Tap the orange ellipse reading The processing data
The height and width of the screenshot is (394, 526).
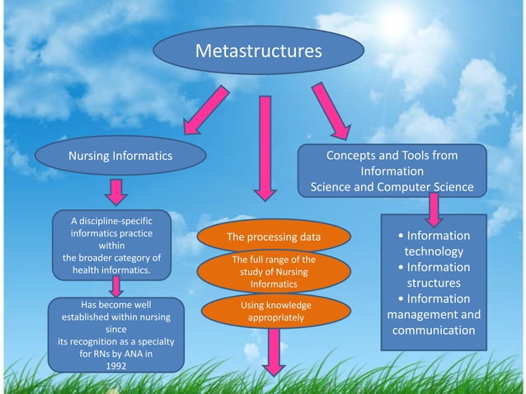[273, 238]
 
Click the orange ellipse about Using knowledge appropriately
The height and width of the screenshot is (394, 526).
[263, 311]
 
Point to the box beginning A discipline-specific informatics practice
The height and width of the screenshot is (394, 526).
[111, 245]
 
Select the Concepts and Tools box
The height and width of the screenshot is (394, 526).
[392, 171]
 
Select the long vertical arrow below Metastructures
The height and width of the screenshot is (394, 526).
[264, 148]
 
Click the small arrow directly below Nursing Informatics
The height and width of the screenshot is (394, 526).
[118, 191]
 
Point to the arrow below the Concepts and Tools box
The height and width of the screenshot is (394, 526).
[432, 212]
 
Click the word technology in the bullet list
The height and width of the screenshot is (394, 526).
[434, 251]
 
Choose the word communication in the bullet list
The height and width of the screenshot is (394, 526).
[434, 331]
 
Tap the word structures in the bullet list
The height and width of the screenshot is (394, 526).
[434, 283]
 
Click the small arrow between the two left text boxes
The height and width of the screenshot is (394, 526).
[118, 287]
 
